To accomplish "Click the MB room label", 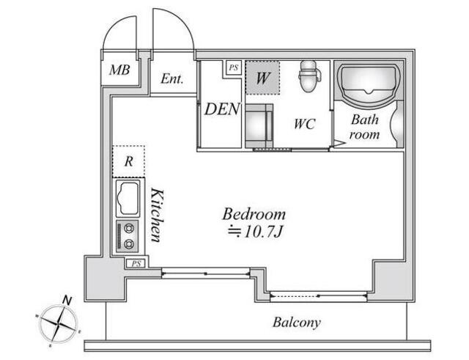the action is [119, 70].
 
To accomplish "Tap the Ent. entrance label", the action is [171, 78].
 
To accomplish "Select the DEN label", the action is [222, 109].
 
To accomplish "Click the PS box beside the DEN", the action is [233, 68].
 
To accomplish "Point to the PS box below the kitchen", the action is [136, 264].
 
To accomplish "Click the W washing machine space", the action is [262, 78].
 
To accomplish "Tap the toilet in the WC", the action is [310, 76].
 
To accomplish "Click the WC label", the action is [305, 124].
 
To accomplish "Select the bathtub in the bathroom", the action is [369, 84].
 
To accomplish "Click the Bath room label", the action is [364, 127].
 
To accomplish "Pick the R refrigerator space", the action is [129, 161].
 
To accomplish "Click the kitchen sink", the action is [129, 198].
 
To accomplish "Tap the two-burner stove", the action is [128, 236].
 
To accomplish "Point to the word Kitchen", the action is [157, 215].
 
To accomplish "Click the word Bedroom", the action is [254, 214].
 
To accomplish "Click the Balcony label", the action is [296, 323].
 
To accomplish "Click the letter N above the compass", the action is [68, 300].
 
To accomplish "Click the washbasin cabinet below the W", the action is [259, 126].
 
